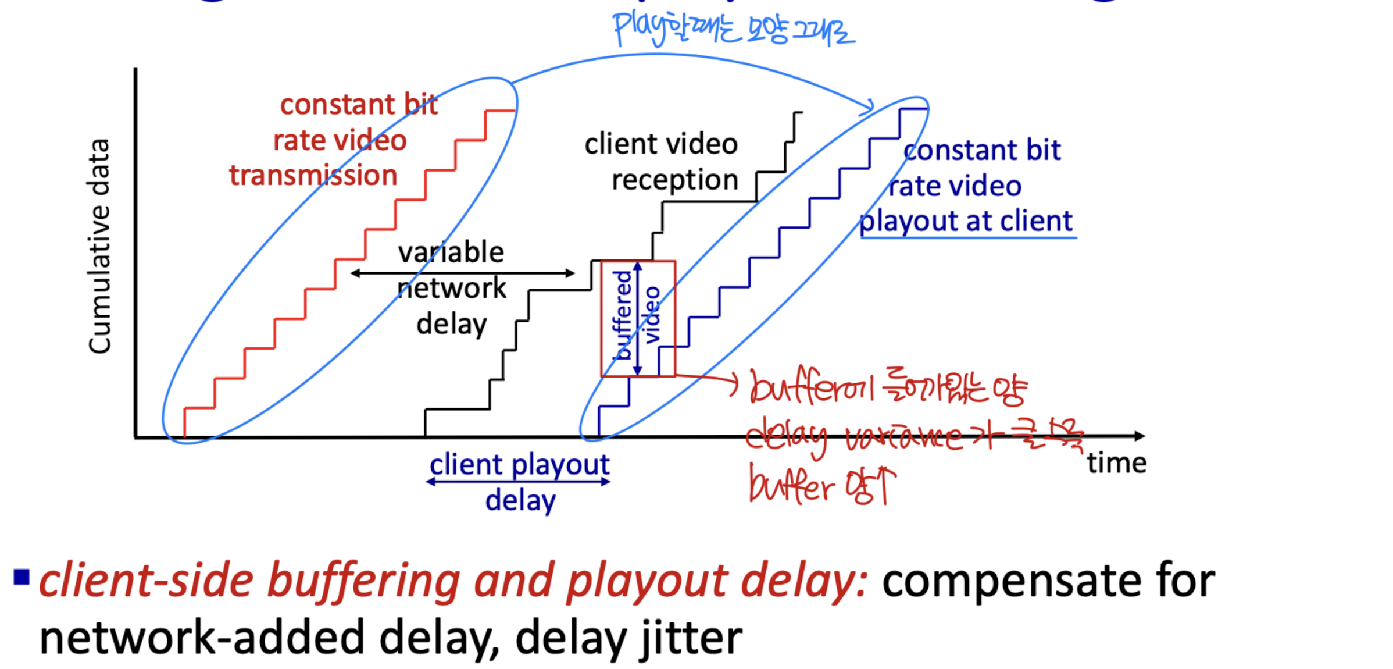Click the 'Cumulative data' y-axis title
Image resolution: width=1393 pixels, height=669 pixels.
(99, 245)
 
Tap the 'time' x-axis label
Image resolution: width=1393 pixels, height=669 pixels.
(1116, 464)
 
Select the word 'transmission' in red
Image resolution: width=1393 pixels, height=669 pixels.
(313, 175)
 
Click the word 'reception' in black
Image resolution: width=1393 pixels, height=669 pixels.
(674, 180)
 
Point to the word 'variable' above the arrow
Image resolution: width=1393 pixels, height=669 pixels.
(451, 252)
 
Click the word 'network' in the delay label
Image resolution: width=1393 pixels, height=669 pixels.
(452, 289)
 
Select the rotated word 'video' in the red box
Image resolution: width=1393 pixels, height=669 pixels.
(653, 315)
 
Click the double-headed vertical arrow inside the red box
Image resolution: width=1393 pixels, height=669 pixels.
(638, 318)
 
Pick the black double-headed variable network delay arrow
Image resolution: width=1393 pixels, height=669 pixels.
(462, 273)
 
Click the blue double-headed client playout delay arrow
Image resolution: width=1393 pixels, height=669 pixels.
(518, 482)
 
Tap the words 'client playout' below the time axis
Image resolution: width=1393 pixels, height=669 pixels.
(519, 464)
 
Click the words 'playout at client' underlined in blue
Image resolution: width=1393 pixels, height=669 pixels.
(966, 222)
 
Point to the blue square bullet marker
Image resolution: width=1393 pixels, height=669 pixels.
(22, 577)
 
